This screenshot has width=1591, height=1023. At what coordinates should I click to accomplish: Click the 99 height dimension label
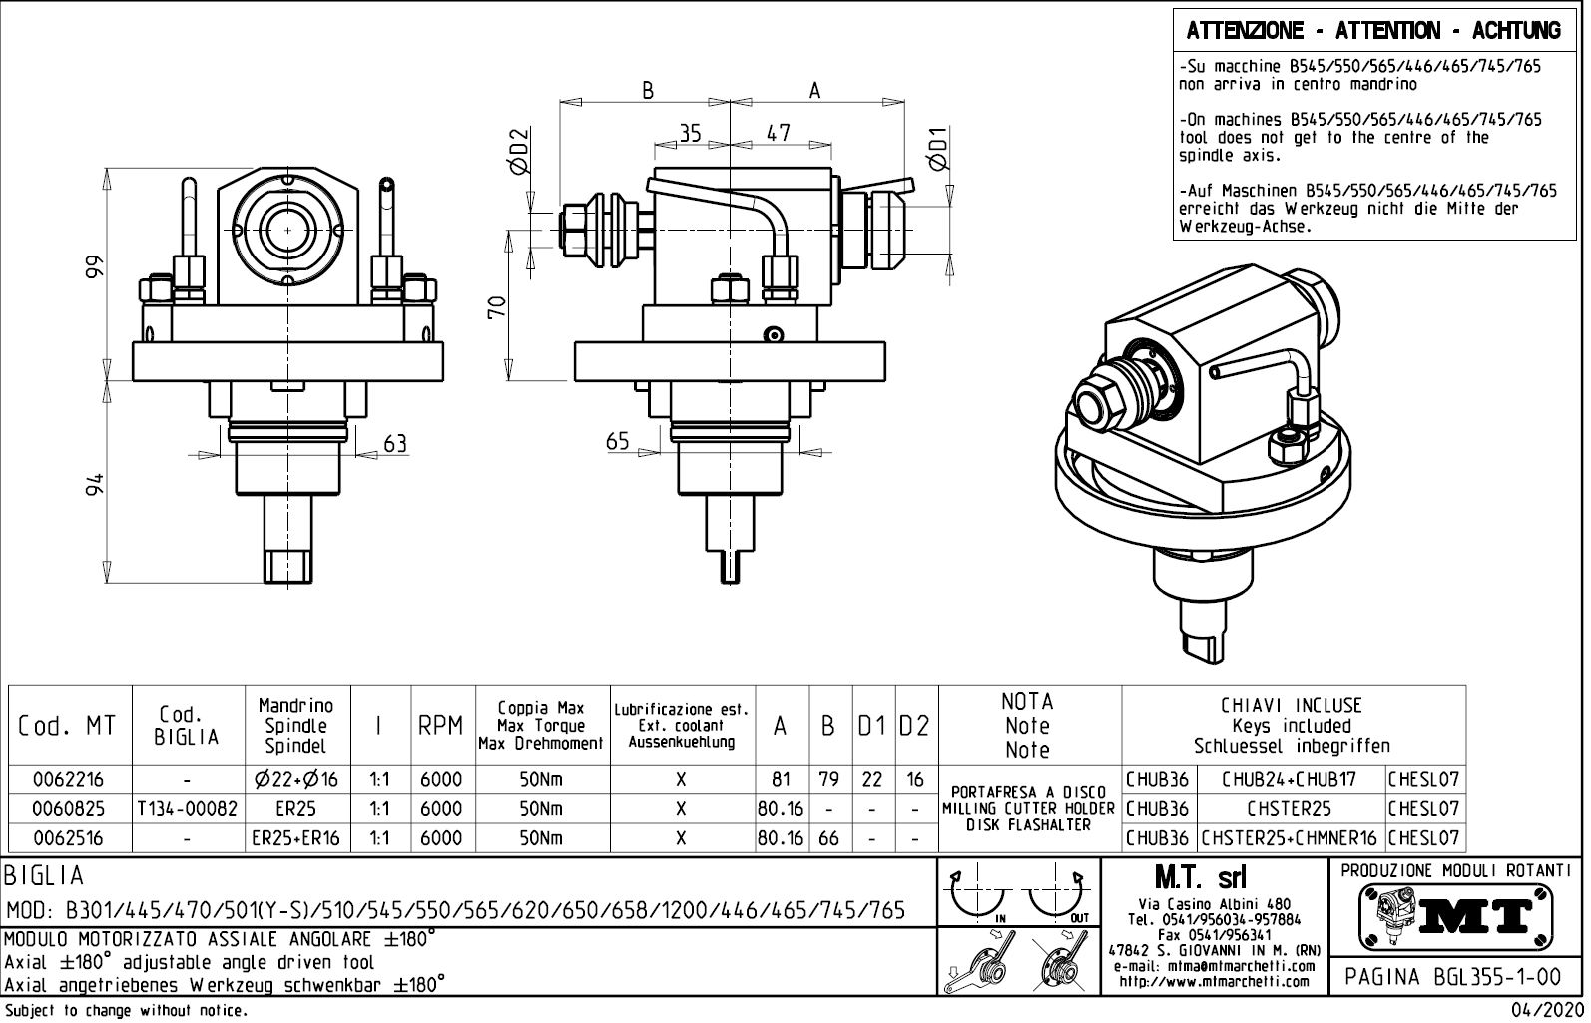[94, 267]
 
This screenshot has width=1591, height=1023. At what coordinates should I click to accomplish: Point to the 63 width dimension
[395, 444]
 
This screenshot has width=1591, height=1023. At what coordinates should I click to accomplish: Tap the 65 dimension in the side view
[618, 440]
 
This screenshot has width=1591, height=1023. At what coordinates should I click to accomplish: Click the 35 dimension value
[691, 134]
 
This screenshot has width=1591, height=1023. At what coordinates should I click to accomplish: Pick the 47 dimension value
[779, 134]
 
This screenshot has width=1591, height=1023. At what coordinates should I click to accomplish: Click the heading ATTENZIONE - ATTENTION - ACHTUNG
[1373, 30]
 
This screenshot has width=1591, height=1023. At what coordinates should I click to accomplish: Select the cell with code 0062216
[69, 779]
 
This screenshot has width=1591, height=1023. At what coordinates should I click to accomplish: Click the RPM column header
[440, 726]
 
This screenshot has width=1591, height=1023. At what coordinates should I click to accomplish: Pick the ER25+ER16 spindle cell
[295, 838]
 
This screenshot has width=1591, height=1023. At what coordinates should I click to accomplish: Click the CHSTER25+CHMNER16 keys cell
[1290, 838]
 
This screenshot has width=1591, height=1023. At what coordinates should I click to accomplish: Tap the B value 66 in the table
[828, 838]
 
